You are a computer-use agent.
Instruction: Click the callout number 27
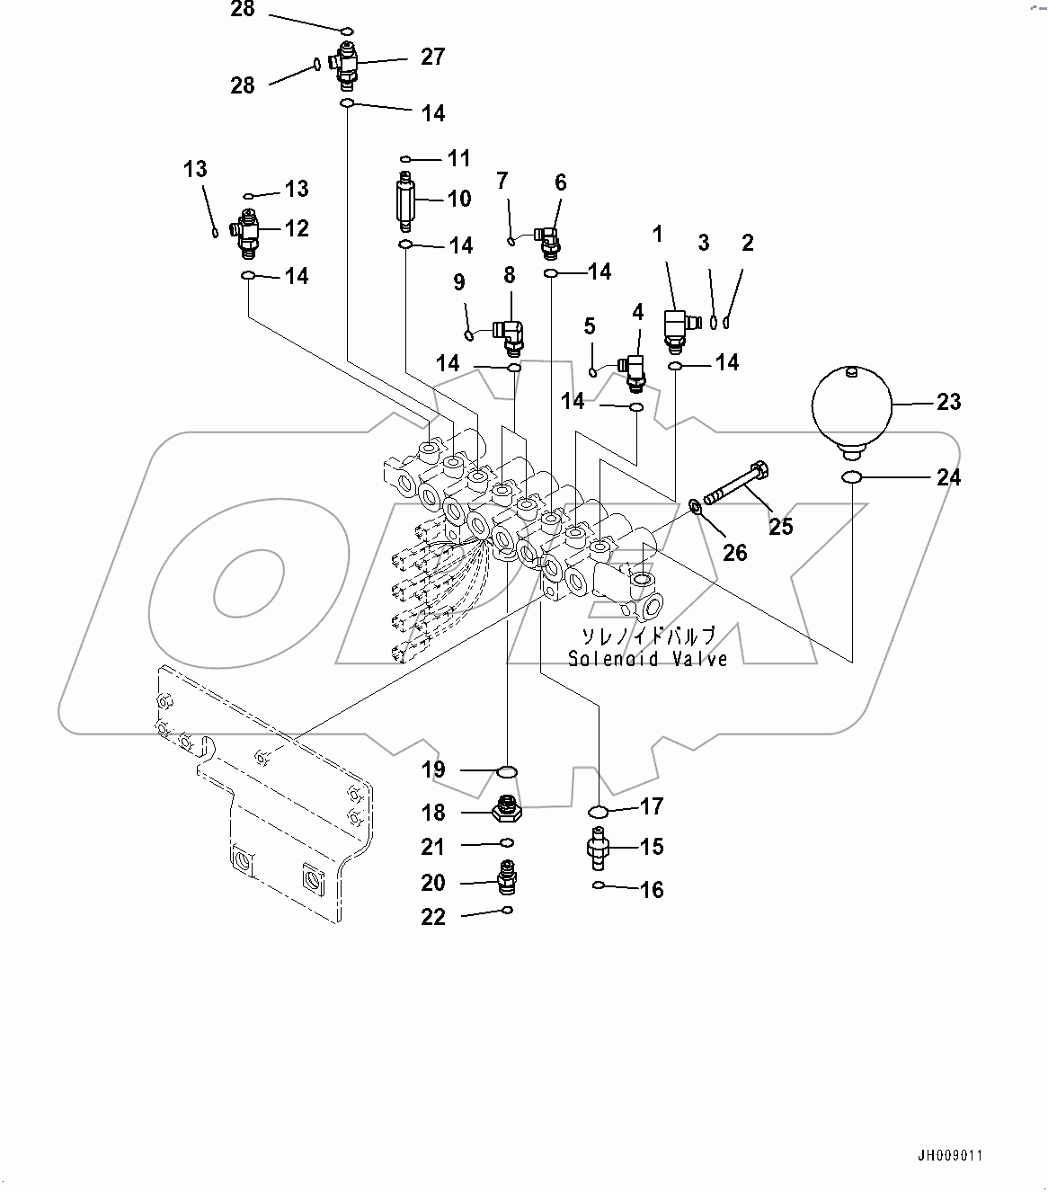pyautogui.click(x=432, y=57)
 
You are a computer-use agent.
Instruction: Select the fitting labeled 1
pyautogui.click(x=677, y=326)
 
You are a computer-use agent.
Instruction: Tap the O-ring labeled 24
pyautogui.click(x=851, y=476)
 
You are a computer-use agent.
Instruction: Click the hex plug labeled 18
pyautogui.click(x=507, y=811)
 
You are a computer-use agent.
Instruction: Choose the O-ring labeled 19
pyautogui.click(x=508, y=771)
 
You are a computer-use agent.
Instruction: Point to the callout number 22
pyautogui.click(x=433, y=917)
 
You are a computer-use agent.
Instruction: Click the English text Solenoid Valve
pyautogui.click(x=647, y=659)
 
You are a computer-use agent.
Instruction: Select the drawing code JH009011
pyautogui.click(x=949, y=1155)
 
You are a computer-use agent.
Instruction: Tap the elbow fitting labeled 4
pyautogui.click(x=635, y=368)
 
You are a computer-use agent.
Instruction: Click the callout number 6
pyautogui.click(x=560, y=182)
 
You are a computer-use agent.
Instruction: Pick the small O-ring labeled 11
pyautogui.click(x=406, y=158)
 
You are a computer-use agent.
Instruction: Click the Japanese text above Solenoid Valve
pyautogui.click(x=648, y=636)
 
